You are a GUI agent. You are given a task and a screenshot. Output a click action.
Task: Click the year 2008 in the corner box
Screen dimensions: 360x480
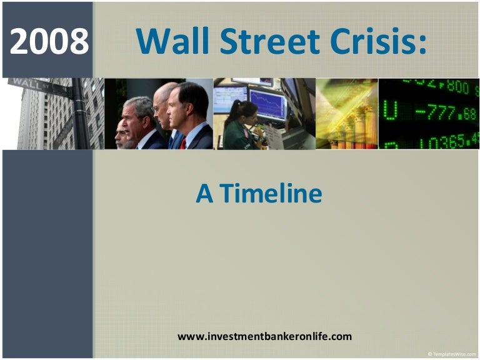coord(49,42)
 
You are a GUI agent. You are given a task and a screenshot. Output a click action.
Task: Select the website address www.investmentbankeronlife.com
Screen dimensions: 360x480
coord(264,336)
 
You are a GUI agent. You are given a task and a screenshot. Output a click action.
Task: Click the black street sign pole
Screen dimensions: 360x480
coord(81,119)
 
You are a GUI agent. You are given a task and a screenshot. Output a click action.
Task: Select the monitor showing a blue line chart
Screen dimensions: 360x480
coord(267,103)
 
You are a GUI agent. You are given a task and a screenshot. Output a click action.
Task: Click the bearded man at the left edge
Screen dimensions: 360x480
coord(121,132)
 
